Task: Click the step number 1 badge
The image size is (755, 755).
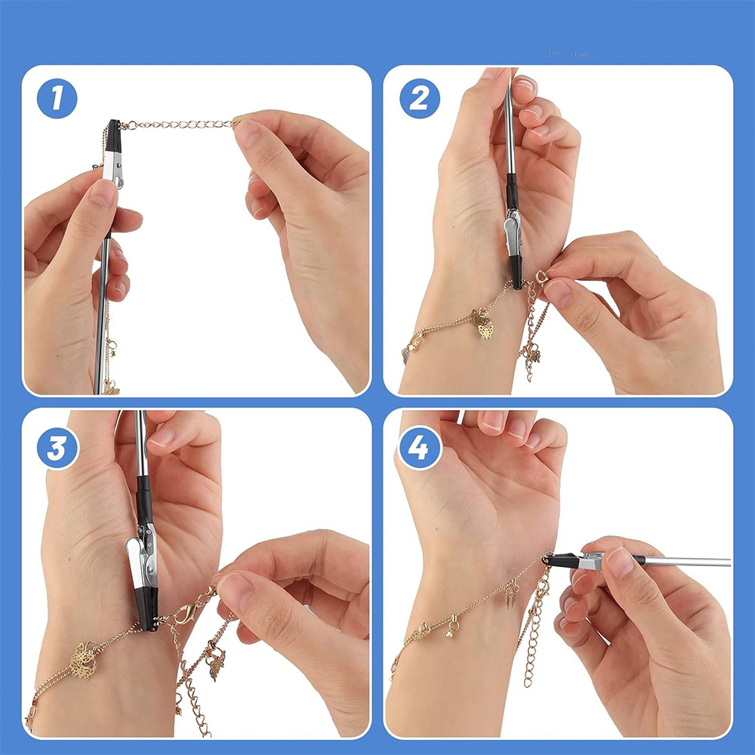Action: [57, 98]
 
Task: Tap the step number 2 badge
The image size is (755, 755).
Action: [419, 98]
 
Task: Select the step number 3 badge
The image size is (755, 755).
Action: [57, 448]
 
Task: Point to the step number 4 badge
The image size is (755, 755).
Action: [419, 448]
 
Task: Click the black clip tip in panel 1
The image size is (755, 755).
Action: [114, 135]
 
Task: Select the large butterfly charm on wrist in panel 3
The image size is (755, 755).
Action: [85, 660]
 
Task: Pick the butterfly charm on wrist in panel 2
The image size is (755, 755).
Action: [483, 324]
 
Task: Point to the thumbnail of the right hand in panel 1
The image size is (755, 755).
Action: [247, 134]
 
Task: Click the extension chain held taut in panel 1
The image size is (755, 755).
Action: [179, 125]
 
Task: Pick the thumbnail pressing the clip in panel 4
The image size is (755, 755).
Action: [618, 563]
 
